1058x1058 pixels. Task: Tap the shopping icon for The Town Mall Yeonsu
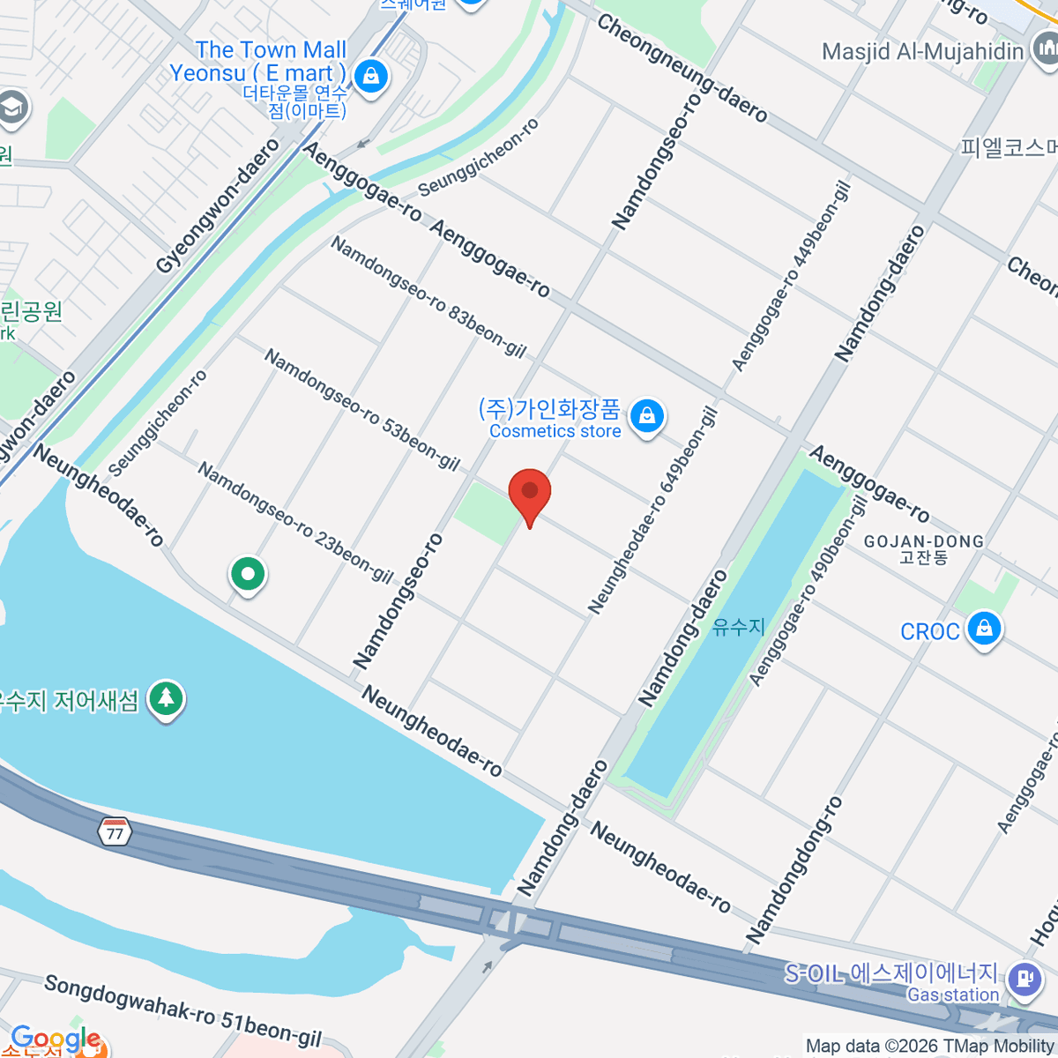click(x=371, y=77)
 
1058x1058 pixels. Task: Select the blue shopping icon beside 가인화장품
click(x=647, y=416)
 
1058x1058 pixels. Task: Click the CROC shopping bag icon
click(x=984, y=630)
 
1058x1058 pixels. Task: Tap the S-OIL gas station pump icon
click(x=1024, y=979)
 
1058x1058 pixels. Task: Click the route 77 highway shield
click(x=115, y=831)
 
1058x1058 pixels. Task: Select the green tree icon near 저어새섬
click(x=166, y=700)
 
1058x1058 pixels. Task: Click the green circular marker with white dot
click(x=248, y=575)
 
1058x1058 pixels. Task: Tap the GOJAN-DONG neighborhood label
click(x=923, y=548)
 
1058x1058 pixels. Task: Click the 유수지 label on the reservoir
click(x=739, y=626)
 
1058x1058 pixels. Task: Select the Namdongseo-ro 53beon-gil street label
click(x=362, y=410)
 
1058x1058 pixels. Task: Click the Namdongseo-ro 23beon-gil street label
click(x=295, y=522)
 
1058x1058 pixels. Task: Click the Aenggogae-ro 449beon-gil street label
click(x=791, y=276)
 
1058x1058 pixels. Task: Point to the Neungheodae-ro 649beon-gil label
click(x=652, y=510)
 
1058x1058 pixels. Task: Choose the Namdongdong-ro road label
click(x=794, y=869)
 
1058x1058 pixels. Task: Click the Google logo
click(x=55, y=1039)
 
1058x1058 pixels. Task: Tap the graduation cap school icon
click(x=12, y=108)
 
